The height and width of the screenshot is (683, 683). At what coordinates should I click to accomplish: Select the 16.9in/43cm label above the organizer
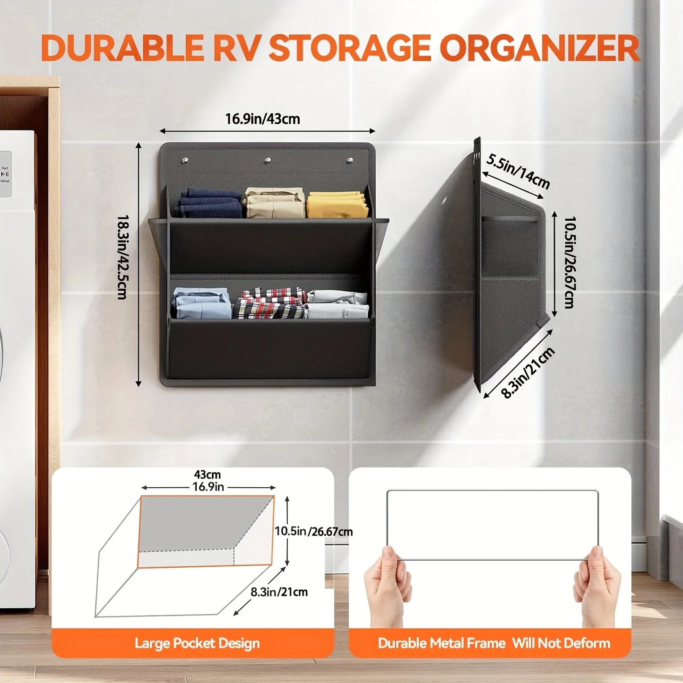(263, 119)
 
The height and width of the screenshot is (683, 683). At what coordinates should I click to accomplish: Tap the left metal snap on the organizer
(185, 161)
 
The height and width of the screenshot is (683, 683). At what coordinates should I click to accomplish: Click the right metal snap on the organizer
(350, 161)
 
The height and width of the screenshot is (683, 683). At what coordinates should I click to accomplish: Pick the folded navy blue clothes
(211, 203)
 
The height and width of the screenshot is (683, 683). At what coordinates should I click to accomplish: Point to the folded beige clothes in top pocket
(274, 202)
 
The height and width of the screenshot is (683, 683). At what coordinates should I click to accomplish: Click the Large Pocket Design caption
(197, 643)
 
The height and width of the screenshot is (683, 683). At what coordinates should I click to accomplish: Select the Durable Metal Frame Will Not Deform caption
(494, 643)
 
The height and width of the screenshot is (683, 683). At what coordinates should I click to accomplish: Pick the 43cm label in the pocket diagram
(207, 474)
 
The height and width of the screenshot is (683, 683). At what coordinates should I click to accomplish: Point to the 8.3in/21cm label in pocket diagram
(279, 592)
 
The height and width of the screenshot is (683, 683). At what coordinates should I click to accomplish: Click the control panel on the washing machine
(5, 174)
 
